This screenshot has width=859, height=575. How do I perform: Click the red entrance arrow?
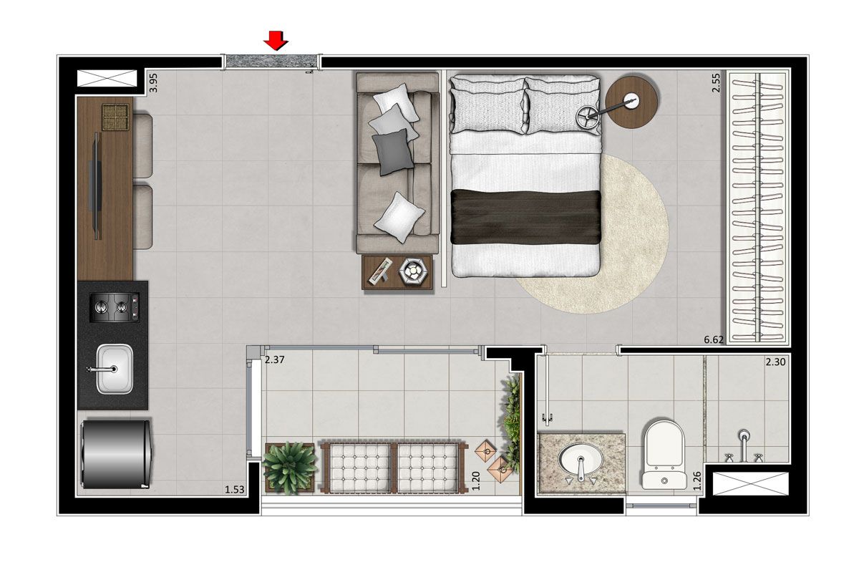click(x=276, y=40)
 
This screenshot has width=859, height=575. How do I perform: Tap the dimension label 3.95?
click(x=153, y=83)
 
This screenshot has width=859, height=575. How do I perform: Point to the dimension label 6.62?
click(x=713, y=339)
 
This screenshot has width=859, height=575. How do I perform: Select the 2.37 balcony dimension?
click(x=275, y=359)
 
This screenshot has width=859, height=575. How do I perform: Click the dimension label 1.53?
click(x=234, y=490)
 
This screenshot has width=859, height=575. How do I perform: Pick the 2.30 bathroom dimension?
click(x=775, y=362)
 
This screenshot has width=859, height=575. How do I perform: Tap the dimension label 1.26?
click(x=697, y=480)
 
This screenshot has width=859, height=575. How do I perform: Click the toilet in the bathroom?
click(x=664, y=455)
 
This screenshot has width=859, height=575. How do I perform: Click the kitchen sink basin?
click(x=115, y=369)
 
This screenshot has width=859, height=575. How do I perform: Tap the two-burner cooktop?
click(x=115, y=307)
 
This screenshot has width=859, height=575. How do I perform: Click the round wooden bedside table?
click(x=631, y=102)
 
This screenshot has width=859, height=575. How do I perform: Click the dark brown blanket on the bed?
click(x=525, y=217)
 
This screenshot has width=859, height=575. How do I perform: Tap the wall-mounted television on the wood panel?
click(x=97, y=186)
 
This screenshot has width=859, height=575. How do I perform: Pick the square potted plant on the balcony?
click(x=289, y=467)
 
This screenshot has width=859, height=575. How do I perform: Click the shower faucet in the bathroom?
click(x=743, y=446)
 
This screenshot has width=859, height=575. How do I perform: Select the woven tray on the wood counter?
click(x=115, y=117)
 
